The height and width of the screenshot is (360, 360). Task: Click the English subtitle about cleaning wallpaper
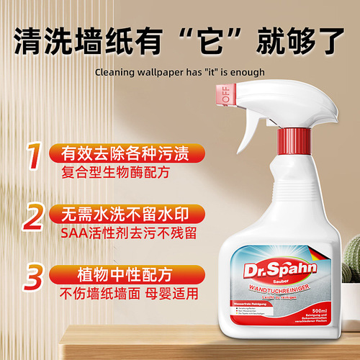tap(179, 72)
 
